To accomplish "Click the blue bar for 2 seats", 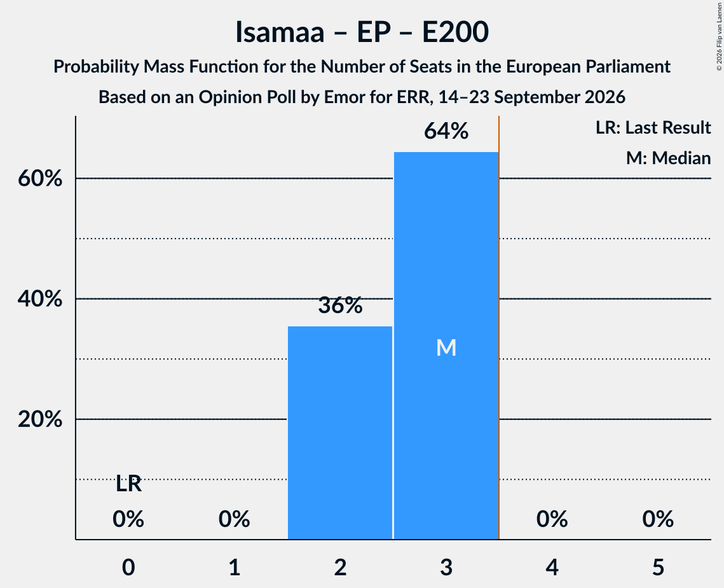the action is [340, 433].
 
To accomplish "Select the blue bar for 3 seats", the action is [446, 346].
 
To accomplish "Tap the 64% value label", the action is [446, 131].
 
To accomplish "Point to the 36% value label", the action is [340, 305].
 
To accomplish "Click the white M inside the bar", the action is [446, 347].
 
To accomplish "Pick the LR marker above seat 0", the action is [128, 484].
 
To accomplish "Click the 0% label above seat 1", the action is [234, 519].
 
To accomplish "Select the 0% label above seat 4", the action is [552, 519].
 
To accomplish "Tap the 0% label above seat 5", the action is [658, 519].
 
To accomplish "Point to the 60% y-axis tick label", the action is [40, 178].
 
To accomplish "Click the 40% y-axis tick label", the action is [40, 298].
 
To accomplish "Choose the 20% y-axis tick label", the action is [40, 419].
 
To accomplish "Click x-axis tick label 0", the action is [128, 567].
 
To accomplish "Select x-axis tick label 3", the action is [446, 567].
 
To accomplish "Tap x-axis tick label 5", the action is [658, 567].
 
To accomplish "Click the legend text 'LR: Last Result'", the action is [653, 127].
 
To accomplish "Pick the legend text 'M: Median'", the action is [668, 158].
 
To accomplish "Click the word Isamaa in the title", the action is [280, 32].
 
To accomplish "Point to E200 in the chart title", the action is [455, 32].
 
